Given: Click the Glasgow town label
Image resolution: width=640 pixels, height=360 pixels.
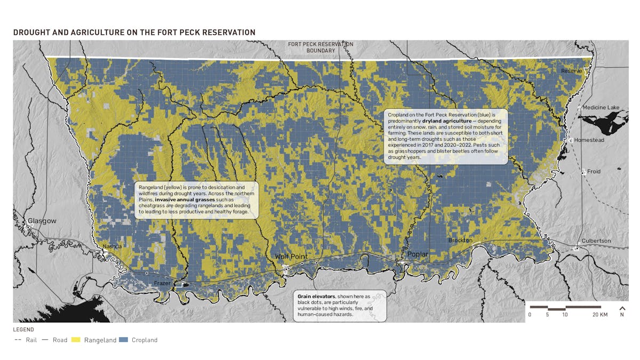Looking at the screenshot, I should tap(42, 221).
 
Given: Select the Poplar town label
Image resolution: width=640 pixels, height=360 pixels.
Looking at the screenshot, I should tap(417, 254).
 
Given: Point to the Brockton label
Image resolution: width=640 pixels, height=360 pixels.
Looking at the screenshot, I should tap(460, 241).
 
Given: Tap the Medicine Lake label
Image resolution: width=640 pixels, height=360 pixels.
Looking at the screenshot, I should tap(601, 107).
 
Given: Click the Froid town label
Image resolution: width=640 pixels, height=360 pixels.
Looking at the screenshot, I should tap(594, 172).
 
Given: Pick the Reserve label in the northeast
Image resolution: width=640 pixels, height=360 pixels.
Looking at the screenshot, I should tap(571, 71).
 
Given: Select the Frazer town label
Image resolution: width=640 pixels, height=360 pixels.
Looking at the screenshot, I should tap(162, 283).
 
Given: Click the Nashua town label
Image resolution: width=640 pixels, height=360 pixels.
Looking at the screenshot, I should tap(112, 246).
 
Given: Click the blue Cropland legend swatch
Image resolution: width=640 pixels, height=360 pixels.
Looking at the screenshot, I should tap(123, 340).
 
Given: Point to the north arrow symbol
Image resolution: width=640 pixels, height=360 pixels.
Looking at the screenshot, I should tap(622, 308).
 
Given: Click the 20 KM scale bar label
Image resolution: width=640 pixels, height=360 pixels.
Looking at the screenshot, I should tap(600, 315).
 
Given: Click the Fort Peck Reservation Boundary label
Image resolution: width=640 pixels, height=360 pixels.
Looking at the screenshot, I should tap(320, 47).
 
